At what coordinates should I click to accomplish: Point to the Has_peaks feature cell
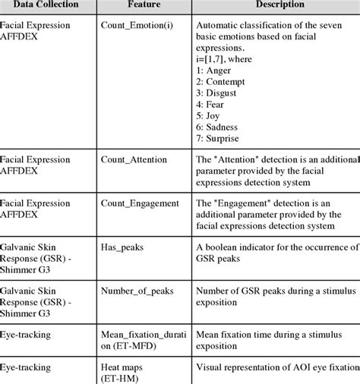tap(122, 247)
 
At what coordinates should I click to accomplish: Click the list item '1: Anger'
tap(215, 68)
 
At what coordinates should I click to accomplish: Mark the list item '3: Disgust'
tap(219, 92)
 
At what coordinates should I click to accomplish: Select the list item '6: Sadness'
tap(220, 127)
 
